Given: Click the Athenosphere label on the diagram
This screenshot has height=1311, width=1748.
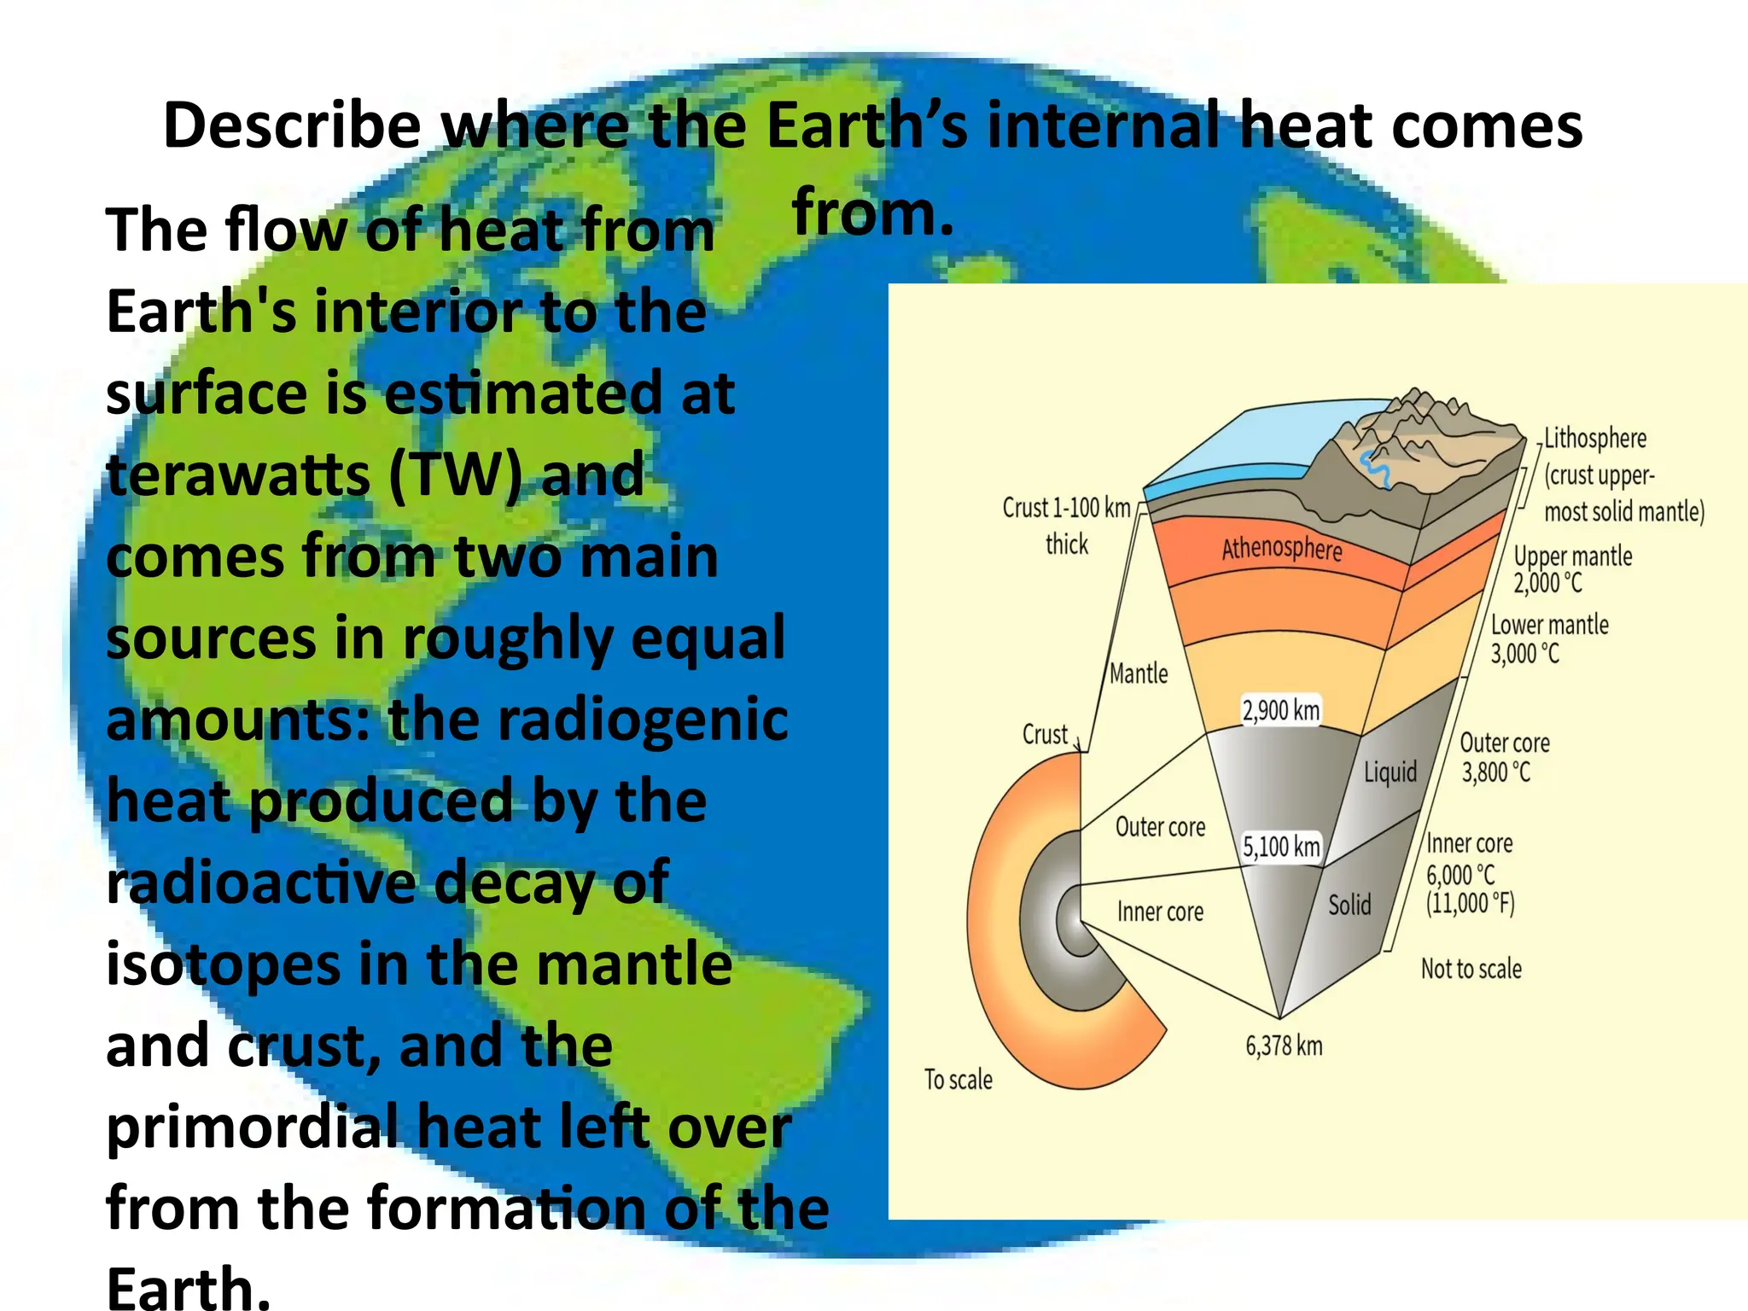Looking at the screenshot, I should pos(1281,548).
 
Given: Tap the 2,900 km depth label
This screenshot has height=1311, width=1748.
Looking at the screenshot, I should pos(1280,710).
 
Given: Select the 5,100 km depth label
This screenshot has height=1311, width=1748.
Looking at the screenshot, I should pos(1281,847).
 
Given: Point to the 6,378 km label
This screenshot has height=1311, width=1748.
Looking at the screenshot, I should pos(1284,1046).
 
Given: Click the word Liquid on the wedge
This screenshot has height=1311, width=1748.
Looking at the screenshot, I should pos(1390,772).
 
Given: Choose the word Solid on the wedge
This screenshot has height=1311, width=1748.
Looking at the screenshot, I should pos(1349,905).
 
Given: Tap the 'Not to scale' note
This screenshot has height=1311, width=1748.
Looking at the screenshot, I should pos(1471,969).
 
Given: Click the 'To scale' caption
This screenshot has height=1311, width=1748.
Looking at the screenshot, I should pos(958,1080).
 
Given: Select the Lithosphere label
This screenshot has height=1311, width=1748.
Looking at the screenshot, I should pos(1595,439).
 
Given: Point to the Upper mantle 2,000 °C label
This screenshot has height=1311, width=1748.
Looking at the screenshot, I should pos(1572,569).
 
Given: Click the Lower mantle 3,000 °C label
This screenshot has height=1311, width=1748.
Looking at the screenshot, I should pos(1549,639).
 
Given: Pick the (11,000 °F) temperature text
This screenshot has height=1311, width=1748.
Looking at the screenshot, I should pos(1470,903).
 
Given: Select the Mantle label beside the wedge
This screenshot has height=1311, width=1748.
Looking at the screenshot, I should pos(1139,674).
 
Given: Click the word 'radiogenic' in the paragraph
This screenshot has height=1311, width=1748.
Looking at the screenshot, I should pos(643,720).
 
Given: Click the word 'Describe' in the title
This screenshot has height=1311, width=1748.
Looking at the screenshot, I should pos(292,125).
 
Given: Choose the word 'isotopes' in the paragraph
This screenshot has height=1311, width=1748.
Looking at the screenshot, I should pos(223,964).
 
